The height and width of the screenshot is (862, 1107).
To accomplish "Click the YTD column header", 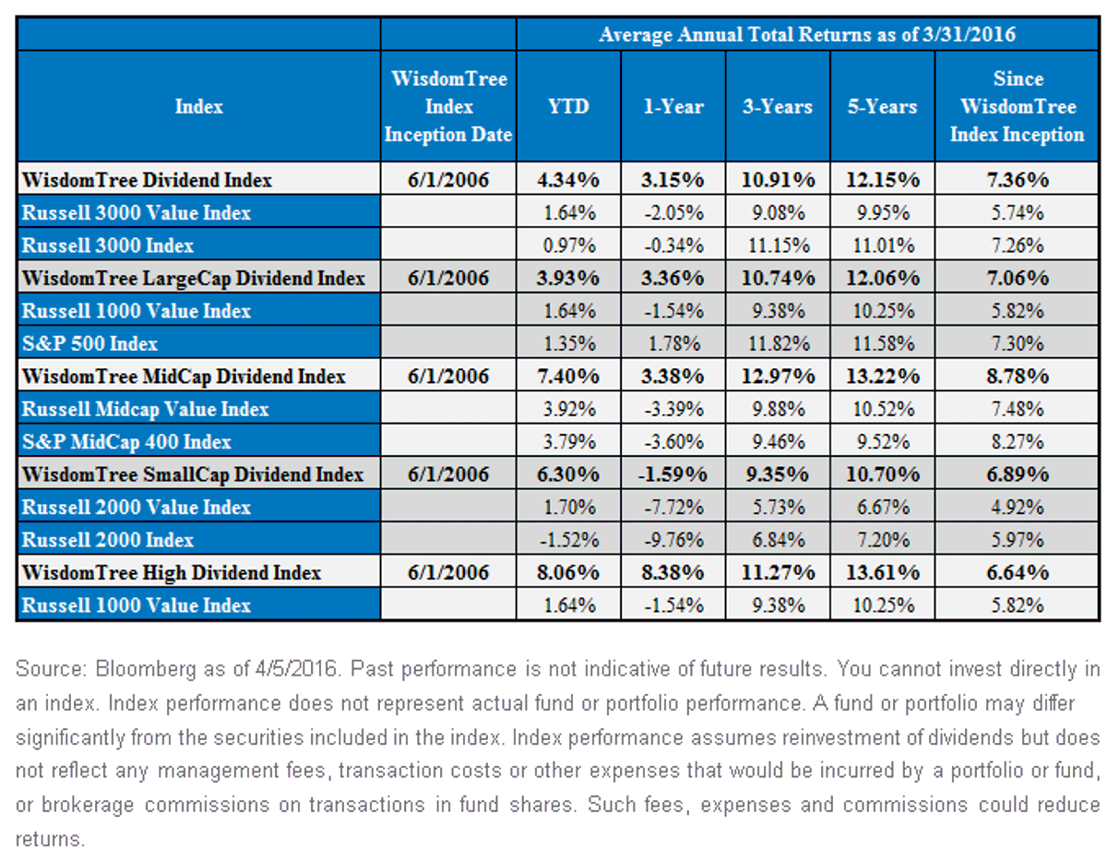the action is coord(568,106).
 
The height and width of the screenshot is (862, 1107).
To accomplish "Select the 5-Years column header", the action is coord(882,106).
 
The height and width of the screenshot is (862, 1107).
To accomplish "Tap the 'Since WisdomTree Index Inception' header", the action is coord(1017,106).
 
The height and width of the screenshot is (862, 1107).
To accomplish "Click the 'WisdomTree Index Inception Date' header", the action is coord(448,106).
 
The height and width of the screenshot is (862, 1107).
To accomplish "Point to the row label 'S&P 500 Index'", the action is coord(89,343).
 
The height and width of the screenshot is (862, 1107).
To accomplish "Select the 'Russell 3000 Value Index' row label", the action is coord(136,212).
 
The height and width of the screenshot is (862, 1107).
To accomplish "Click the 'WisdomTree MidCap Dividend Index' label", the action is coord(184,377).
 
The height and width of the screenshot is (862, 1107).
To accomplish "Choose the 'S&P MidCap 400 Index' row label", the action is coord(126,442).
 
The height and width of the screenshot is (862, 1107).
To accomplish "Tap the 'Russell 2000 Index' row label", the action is coord(108,540).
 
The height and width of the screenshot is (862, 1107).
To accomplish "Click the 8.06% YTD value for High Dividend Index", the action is coord(568,572).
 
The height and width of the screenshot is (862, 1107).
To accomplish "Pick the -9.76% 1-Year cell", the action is coord(673,540).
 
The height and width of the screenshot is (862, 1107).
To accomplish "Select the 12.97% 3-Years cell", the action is coord(778,377).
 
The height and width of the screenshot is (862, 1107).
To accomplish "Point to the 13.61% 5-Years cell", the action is coord(883,572).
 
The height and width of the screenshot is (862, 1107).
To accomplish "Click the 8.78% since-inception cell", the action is coord(1018,377).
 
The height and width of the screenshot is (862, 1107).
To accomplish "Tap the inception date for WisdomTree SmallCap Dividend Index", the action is coord(448,474).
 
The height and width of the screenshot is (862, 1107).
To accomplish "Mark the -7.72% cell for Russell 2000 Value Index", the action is coord(673,507).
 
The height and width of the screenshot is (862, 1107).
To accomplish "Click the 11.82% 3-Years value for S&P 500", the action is coord(779,343).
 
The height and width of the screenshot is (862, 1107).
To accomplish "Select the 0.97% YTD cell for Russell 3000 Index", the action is coord(569,245).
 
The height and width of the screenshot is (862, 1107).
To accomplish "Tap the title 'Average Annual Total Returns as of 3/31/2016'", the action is coord(807,34).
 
